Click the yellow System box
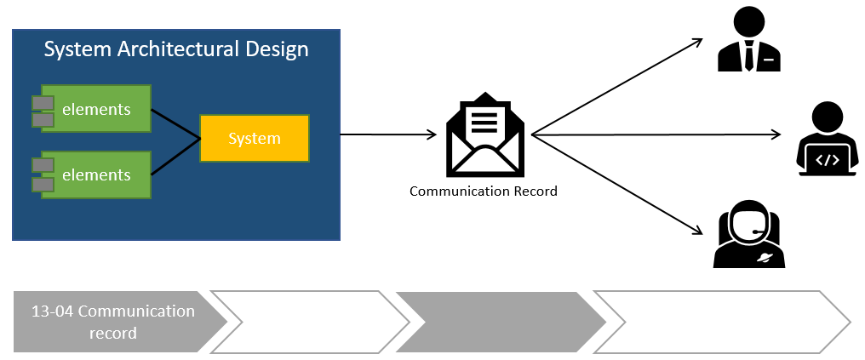tap(254, 138)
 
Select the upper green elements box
tap(96, 109)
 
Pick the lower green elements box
tap(96, 175)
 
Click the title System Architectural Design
tap(176, 49)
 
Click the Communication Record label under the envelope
tap(484, 191)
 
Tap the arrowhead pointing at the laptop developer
tap(775, 134)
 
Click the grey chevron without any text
tap(498, 322)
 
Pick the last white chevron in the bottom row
tap(719, 322)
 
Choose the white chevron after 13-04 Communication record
tap(313, 322)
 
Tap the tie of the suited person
tap(748, 56)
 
